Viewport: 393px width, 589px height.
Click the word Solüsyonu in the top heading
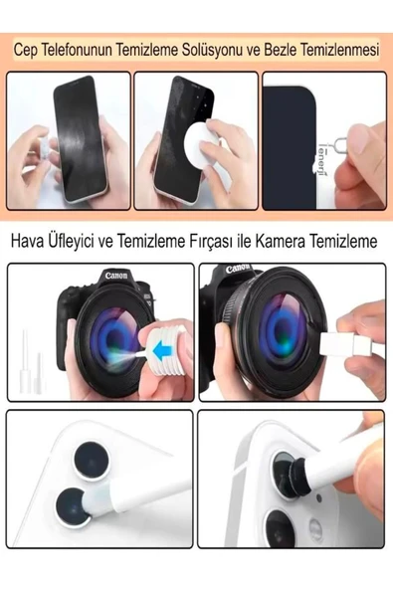212,50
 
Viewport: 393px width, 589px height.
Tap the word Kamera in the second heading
281,241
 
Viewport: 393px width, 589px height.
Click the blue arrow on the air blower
162,351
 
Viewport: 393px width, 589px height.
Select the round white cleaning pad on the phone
201,139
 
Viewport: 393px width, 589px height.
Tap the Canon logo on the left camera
116,276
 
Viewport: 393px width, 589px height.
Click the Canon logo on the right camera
238,269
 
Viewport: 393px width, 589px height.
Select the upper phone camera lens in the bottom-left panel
92,461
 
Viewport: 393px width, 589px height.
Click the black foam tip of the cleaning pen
297,474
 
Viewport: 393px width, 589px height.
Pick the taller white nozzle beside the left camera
26,361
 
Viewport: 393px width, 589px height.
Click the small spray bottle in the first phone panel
43,150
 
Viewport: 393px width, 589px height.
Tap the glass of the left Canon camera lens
112,339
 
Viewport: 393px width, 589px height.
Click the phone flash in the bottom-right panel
315,527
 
